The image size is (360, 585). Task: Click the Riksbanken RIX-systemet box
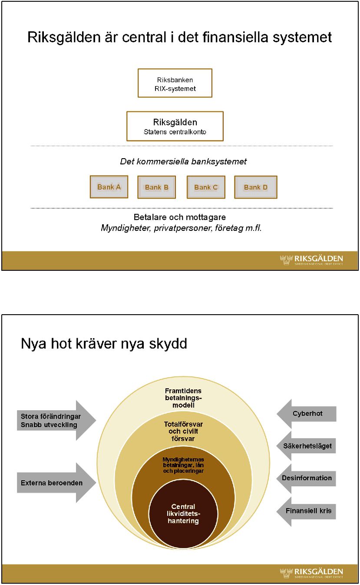175,83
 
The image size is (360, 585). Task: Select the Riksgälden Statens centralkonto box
175,126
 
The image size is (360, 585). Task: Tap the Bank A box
109,187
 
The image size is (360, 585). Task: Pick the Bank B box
156,187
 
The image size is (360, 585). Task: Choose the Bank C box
206,187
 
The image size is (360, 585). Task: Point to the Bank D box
256,187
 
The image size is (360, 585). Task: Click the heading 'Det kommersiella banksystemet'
183,161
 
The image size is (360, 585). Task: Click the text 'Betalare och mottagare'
180,217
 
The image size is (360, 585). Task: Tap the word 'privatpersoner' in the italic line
183,228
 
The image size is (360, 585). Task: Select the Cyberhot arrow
306,414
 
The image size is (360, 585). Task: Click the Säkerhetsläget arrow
306,446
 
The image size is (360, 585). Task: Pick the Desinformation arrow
306,479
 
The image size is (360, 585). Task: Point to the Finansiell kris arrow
306,512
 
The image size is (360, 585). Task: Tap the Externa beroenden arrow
56,482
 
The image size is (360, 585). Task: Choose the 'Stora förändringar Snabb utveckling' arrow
56,420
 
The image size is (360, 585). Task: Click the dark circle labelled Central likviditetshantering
183,514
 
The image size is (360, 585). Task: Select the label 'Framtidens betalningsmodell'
183,398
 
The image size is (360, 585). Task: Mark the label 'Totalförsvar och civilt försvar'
183,431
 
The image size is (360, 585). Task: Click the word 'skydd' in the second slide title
168,343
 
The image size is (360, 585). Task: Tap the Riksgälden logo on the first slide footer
311,260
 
